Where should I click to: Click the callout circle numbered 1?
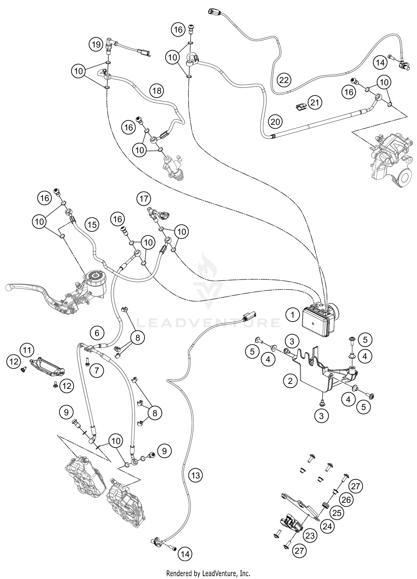pyautogui.click(x=292, y=315)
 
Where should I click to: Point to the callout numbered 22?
pyautogui.click(x=284, y=80)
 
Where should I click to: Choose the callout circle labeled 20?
pyautogui.click(x=275, y=121)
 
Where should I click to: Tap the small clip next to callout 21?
pyautogui.click(x=300, y=106)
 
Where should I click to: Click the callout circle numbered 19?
pyautogui.click(x=96, y=44)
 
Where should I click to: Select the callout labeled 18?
pyautogui.click(x=157, y=91)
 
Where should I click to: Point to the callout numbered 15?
pyautogui.click(x=92, y=224)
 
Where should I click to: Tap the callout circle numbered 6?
pyautogui.click(x=97, y=333)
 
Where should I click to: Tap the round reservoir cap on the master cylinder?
pyautogui.click(x=95, y=276)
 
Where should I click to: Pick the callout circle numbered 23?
pyautogui.click(x=310, y=536)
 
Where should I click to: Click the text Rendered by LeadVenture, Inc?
pyautogui.click(x=208, y=573)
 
